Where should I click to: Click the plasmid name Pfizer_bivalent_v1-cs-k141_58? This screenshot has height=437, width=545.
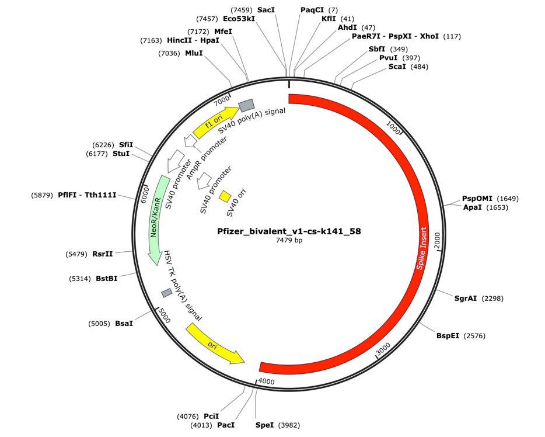(x=289, y=231)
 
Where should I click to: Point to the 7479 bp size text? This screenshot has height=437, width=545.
(x=289, y=240)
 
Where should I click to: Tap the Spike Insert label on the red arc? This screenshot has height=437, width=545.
(x=422, y=248)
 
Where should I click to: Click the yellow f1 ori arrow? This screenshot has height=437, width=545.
(x=215, y=121)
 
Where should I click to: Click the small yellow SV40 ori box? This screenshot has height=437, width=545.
(x=225, y=196)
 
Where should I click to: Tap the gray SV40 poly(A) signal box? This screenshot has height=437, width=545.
(x=246, y=105)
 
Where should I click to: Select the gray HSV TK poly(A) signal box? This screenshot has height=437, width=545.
(x=167, y=292)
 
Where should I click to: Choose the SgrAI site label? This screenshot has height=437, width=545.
(x=466, y=299)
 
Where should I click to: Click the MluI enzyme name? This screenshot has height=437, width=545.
(x=194, y=53)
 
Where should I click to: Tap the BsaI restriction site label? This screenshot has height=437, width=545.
(x=124, y=323)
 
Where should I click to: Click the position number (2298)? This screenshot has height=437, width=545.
(x=491, y=299)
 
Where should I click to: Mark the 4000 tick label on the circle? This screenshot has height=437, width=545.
(x=266, y=381)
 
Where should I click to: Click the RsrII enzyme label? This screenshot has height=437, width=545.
(x=103, y=254)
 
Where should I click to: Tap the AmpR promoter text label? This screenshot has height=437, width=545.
(x=197, y=161)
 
